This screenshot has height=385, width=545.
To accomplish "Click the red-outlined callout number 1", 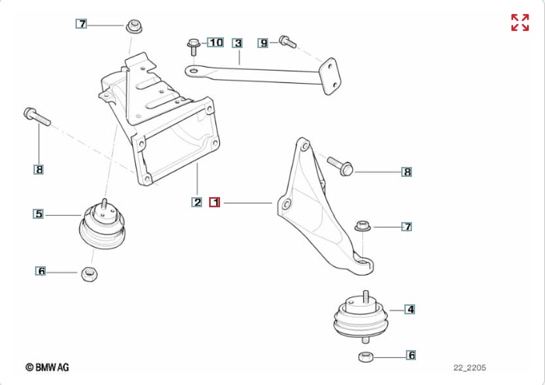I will pos(215,203).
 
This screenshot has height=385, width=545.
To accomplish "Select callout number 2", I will pos(197,203).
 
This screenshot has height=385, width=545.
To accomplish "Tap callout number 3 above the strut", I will pos(238,43).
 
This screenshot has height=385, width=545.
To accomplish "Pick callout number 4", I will pos(410,309).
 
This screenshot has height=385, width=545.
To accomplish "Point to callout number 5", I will pos(37,213).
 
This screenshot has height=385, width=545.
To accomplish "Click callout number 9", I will pos(264,43).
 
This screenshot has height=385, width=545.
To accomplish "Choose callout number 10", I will pos(215,41).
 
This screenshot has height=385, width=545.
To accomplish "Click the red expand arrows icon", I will pos(519,23).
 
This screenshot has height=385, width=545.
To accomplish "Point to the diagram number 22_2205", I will pos(470,368).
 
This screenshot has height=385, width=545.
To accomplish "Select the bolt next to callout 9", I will pos(285,40).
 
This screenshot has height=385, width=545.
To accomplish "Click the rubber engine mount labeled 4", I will pos(360,317).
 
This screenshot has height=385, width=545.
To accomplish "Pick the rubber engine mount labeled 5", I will pos(103,227).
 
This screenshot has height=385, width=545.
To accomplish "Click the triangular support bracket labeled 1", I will pos(319,210).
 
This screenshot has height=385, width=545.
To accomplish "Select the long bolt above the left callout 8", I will pos(36,116).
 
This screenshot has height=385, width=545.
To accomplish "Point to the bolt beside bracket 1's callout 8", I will pos(341,165).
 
